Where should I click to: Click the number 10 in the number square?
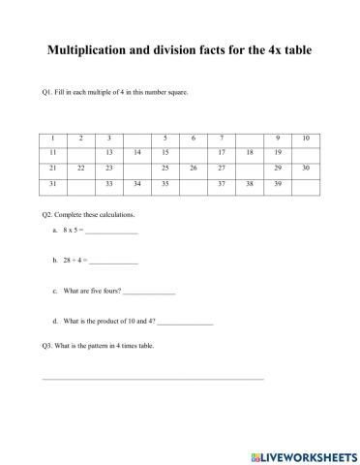pyautogui.click(x=306, y=138)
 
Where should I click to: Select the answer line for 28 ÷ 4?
pyautogui.click(x=114, y=262)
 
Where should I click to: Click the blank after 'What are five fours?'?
pyautogui.click(x=149, y=291)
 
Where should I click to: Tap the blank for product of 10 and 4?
pyautogui.click(x=185, y=321)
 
